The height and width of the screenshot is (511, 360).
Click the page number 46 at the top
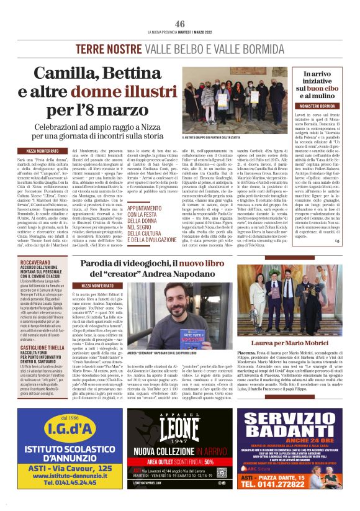coord(180,24)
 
